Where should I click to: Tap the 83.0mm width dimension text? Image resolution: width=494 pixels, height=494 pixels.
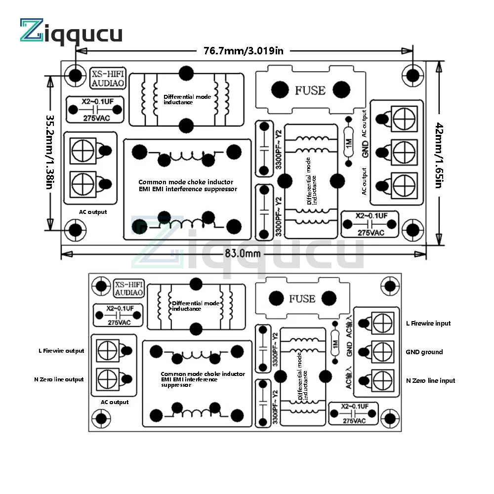coord(242,253)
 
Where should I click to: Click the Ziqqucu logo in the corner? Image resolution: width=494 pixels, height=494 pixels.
coord(71,32)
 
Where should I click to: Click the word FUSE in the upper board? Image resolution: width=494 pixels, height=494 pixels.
coord(310,90)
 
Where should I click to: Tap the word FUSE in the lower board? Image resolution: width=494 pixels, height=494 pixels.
coord(302,299)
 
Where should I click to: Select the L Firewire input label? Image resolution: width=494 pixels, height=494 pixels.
coord(428,324)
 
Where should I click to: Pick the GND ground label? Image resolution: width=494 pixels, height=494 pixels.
coord(424,352)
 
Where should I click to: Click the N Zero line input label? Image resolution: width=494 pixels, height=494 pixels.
coord(430,381)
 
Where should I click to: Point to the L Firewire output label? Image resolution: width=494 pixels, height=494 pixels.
coord(61,351)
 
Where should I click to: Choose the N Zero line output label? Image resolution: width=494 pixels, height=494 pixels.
coord(59,379)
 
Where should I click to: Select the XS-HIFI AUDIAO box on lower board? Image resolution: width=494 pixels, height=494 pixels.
coord(128,288)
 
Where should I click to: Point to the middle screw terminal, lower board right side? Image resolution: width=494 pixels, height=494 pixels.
coord(383,352)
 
